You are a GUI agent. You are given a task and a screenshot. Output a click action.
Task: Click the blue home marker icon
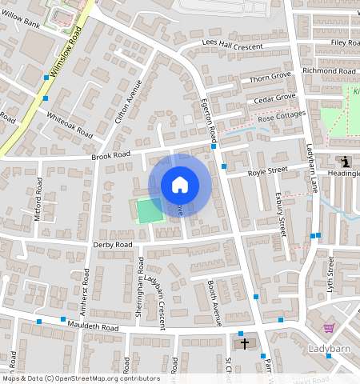(180, 185)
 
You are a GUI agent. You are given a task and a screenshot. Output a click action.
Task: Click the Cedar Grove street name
(274, 99)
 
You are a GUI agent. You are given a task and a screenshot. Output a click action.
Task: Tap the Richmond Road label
(329, 71)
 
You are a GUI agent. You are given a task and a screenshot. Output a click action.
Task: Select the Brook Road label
(110, 155)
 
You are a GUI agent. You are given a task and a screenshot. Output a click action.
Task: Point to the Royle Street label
(267, 170)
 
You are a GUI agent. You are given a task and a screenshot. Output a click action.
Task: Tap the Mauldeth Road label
(93, 327)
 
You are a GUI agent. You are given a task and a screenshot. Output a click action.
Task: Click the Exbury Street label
(281, 212)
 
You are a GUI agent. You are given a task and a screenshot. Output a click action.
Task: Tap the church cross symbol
(245, 343)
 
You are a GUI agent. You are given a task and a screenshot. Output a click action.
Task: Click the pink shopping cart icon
(329, 329)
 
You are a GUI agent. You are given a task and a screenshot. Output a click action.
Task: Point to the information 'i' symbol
(344, 161)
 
